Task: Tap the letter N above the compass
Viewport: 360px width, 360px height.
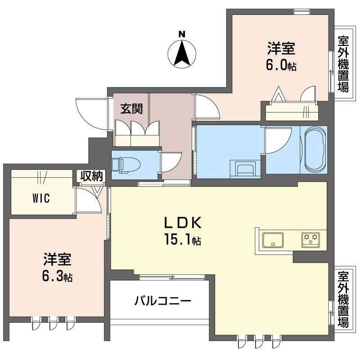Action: pos(181,33)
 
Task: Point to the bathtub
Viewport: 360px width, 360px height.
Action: pos(314,149)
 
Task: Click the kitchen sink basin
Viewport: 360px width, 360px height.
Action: pos(273,239)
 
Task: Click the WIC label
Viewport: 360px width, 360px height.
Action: pos(40,198)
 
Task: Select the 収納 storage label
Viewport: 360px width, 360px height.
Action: pos(92,176)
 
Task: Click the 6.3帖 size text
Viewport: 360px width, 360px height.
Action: pos(57,275)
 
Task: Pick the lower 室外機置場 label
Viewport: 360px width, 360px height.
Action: pos(344,298)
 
